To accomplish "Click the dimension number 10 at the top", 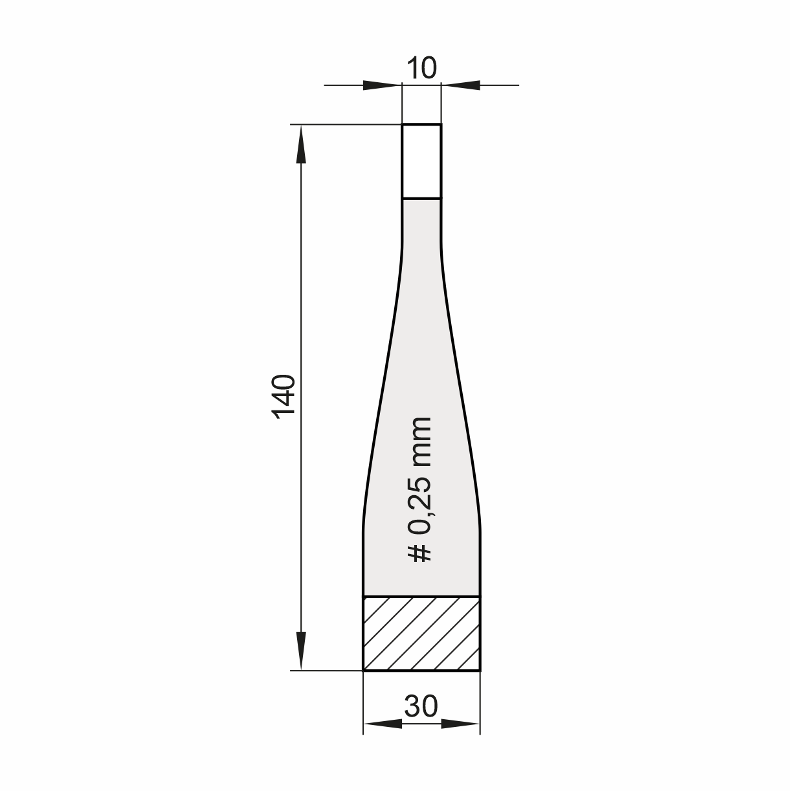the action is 421,68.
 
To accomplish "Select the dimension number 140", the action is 284,397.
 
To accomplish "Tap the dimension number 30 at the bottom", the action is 421,706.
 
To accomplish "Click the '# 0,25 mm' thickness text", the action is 419,490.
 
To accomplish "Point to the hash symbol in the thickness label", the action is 420,553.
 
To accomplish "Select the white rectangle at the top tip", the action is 421,161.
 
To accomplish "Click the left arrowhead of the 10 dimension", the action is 383,85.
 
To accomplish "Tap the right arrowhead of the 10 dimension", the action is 461,85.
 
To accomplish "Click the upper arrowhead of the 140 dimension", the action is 301,144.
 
